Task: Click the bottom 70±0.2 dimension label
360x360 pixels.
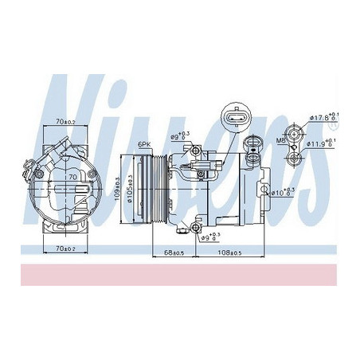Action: pos(65,249)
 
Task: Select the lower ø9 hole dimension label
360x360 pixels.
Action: pos(209,237)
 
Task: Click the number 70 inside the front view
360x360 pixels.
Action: pos(71,177)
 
